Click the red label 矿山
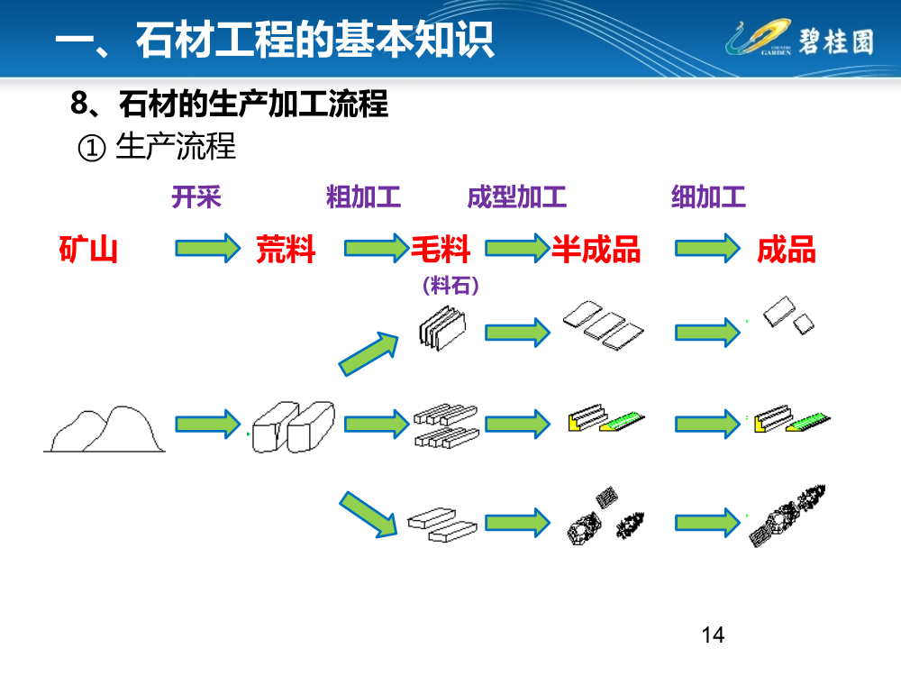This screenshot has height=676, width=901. [x=88, y=249]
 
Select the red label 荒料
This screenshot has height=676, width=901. [x=286, y=249]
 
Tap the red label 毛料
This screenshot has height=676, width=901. [x=441, y=249]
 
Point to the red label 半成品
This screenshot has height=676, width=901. [x=596, y=249]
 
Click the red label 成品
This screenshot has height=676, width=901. [x=786, y=249]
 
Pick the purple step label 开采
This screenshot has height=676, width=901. [x=196, y=196]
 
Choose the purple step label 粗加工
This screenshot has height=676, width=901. [x=363, y=196]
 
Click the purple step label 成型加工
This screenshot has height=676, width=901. [x=516, y=196]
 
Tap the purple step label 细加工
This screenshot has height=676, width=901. [x=708, y=196]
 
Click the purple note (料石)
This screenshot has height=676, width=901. [x=450, y=286]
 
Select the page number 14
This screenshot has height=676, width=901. [x=712, y=635]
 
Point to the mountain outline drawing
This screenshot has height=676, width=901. [x=105, y=430]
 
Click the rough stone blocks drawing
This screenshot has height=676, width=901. [x=294, y=425]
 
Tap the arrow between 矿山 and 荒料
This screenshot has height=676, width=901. [x=208, y=248]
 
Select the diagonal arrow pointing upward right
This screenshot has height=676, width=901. [x=369, y=352]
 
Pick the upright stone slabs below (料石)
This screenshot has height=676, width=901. [x=443, y=326]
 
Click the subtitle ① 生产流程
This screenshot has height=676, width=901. [x=158, y=147]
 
